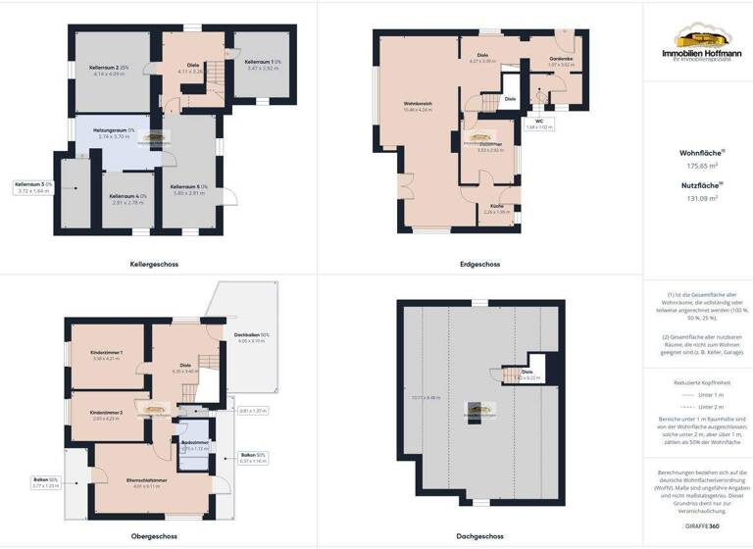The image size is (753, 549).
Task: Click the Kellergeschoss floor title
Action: [154, 265]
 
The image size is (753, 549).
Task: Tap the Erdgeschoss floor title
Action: [479, 265]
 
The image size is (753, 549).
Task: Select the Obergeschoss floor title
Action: [154, 536]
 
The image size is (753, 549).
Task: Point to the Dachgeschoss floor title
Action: [479, 536]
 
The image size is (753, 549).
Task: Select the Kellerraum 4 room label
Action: [127, 196]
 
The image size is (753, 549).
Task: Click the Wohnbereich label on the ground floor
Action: [418, 103]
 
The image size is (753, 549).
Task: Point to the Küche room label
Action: [497, 205]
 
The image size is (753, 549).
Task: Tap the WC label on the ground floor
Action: [539, 121]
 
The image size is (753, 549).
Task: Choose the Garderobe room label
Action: [561, 59]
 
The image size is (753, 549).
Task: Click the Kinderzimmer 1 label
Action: [105, 352]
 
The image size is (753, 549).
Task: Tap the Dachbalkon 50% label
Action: [251, 335]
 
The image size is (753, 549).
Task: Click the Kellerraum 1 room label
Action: [263, 62]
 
